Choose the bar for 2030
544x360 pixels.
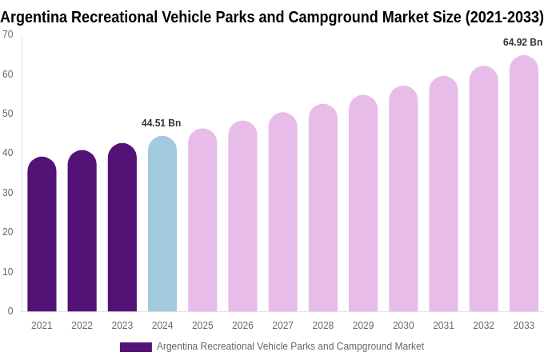coord(403,199)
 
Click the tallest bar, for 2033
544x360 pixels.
coord(524,184)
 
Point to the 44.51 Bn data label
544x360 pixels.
coord(162,123)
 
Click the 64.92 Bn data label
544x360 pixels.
coord(522,42)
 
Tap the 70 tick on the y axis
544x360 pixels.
coord(8,34)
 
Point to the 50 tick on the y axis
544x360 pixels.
coord(8,114)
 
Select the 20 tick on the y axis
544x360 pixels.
coord(8,232)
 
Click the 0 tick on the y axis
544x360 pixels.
coord(10,311)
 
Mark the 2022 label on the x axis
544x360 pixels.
coord(82,326)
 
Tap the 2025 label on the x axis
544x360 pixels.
coord(202,326)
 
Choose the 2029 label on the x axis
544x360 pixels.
coord(363,326)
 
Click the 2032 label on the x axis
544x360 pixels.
coord(483,326)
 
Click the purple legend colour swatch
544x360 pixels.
coord(136,347)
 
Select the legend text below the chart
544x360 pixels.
coord(290,346)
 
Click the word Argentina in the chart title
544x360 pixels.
coord(34,17)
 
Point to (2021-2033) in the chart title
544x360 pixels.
coord(504,17)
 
